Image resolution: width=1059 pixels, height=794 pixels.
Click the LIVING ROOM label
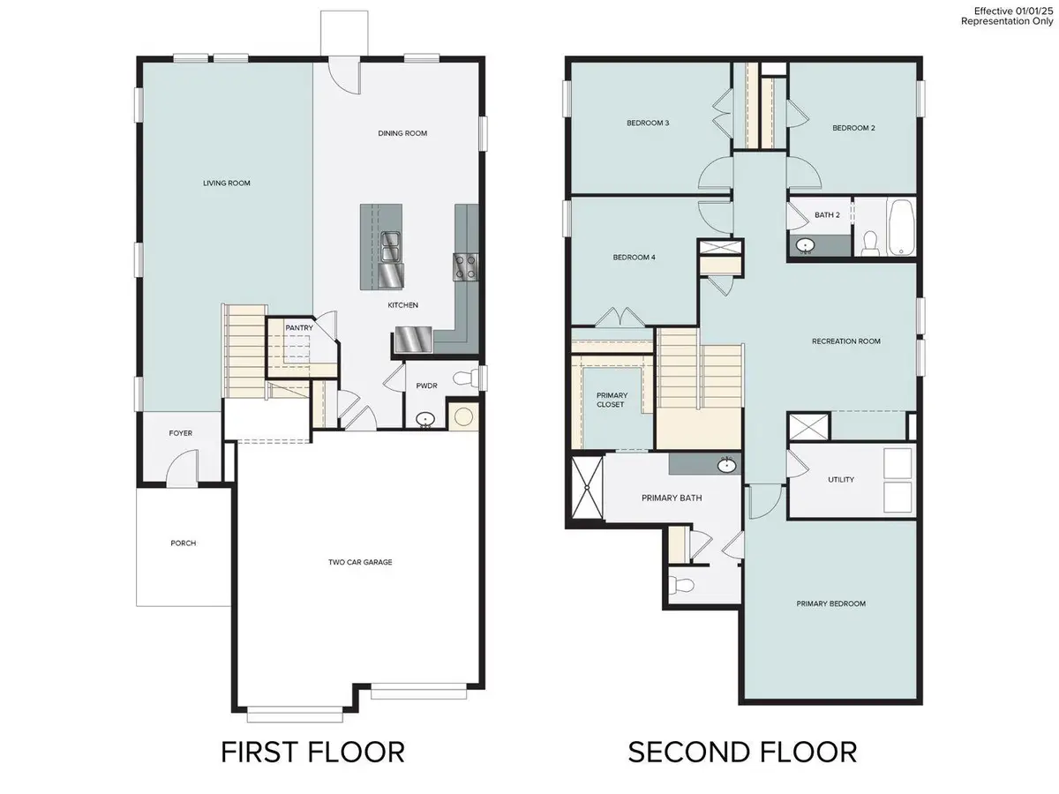click(226, 184)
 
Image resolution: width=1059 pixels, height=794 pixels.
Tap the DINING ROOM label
click(402, 133)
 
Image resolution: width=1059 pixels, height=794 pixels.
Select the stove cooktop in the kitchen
click(465, 267)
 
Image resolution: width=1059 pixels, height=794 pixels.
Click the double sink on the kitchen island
click(390, 246)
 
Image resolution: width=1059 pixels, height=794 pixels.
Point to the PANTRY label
click(299, 328)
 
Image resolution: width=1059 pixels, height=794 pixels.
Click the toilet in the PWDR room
click(465, 378)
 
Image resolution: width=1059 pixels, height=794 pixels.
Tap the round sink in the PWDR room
click(425, 419)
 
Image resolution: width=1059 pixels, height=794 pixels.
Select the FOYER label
click(180, 433)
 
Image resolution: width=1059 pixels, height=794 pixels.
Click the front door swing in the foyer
click(183, 467)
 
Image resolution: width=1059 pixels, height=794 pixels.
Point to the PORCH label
click(184, 543)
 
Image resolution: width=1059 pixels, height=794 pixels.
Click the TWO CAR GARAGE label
click(360, 562)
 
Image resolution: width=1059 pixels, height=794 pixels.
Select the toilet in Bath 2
click(870, 243)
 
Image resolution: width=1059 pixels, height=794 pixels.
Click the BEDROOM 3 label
click(648, 123)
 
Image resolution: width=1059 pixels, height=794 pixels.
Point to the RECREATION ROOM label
click(845, 341)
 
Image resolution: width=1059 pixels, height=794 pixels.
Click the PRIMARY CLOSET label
click(612, 400)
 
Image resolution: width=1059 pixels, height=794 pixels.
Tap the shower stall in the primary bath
click(587, 487)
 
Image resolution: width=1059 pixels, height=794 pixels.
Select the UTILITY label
click(841, 480)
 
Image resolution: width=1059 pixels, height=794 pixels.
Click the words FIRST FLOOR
click(312, 752)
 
